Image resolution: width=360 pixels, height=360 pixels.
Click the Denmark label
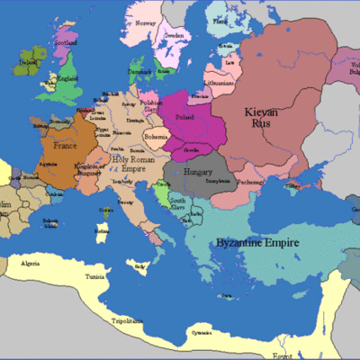coord(139,69)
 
